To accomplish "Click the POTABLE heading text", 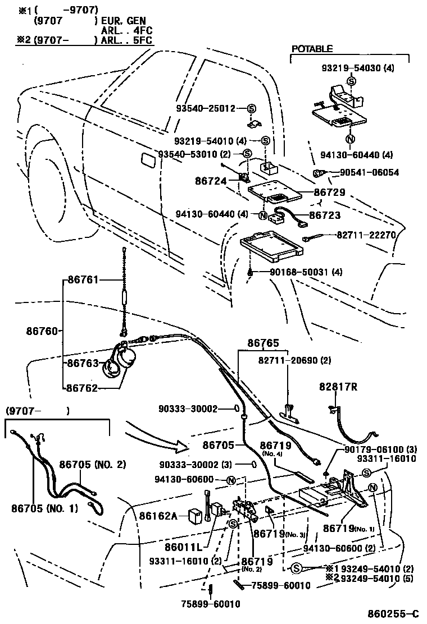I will (312, 49).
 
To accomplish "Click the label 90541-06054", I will (369, 173).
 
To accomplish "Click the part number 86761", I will (82, 279).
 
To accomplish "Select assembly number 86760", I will (42, 331).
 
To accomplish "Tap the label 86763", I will (83, 363).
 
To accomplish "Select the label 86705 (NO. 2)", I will (93, 464).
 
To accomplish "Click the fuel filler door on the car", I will (148, 159).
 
